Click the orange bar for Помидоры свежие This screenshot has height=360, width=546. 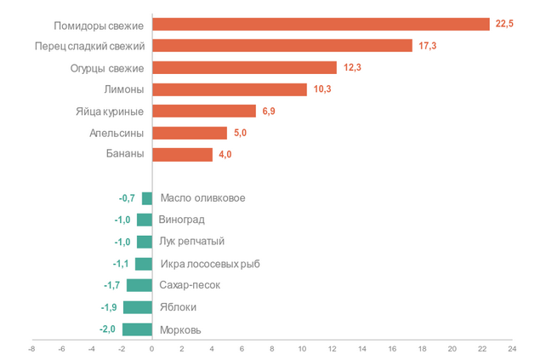[321, 24]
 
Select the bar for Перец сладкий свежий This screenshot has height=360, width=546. [282, 45]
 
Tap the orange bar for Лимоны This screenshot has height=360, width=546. [229, 89]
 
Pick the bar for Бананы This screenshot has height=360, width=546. [182, 155]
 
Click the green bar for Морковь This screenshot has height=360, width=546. [137, 329]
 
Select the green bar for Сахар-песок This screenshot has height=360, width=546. [139, 285]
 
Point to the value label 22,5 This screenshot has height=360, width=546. [504, 24]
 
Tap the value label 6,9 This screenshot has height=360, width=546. [269, 111]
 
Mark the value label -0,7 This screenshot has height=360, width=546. [128, 198]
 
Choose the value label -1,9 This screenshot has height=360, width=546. [110, 307]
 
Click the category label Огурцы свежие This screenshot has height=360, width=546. [106, 67]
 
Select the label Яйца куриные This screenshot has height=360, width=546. [110, 111]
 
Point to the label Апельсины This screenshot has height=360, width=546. [117, 134]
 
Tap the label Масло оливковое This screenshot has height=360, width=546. [202, 198]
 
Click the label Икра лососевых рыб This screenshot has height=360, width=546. [209, 264]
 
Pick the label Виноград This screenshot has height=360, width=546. [182, 220]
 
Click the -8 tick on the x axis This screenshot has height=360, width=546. [31, 347]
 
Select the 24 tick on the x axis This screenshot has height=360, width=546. [512, 347]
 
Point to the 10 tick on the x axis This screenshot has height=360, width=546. [302, 347]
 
